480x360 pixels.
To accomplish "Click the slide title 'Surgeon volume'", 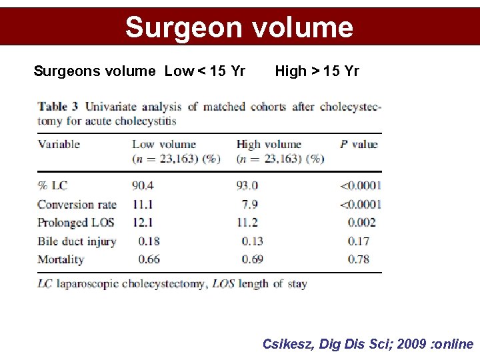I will pos(239,27).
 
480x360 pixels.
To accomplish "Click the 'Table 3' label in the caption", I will pos(58,107).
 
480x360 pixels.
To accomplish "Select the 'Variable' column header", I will pos(59,144).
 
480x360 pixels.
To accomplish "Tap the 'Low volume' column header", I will pos(164,144).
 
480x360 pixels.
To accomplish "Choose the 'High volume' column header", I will pos(269,144).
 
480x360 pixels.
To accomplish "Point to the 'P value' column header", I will pos(358,144).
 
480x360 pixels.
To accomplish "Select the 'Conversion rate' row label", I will pos(77,205).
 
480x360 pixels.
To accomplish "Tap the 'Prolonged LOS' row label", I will pos(76,223).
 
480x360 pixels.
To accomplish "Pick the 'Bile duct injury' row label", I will pos(77,241).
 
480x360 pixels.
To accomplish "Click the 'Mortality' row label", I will pos(61,259).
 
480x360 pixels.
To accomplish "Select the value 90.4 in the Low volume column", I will pos(143,186).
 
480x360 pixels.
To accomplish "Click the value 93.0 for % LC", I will pos(247,186).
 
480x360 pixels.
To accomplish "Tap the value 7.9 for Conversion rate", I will pos(251,205).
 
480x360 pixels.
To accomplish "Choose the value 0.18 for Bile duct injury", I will pos(149,241).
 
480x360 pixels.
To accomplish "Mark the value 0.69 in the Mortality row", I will pos(253,259).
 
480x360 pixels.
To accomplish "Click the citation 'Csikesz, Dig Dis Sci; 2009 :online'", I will pos(367,344).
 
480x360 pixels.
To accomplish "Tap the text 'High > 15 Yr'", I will pos(317,71).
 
